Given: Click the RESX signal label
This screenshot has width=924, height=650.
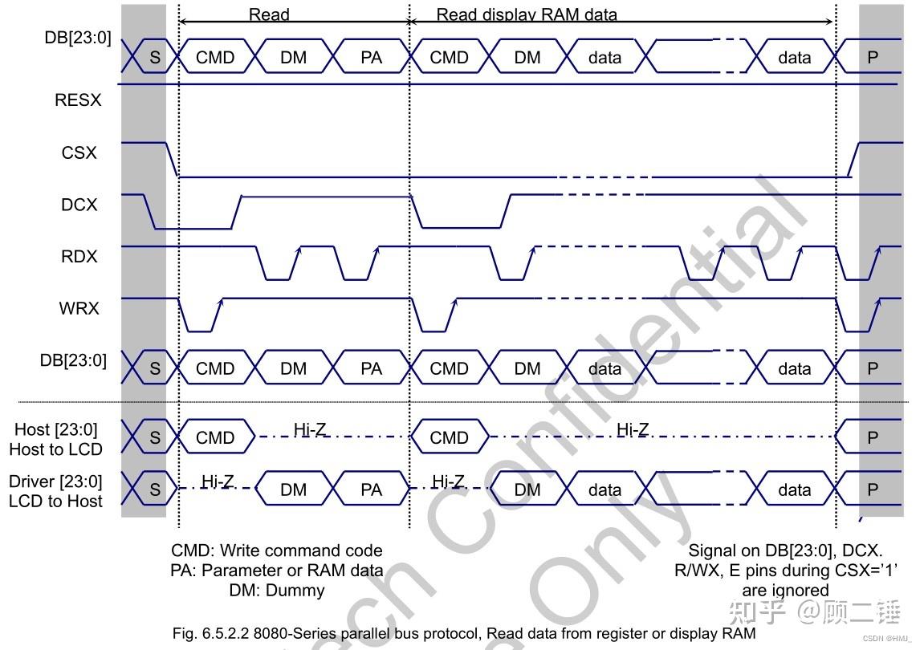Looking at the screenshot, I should [x=78, y=100].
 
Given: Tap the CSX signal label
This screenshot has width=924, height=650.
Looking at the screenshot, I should [x=79, y=152].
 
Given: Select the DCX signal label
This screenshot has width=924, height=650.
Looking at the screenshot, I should [x=79, y=205].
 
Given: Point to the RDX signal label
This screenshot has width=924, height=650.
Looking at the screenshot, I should [x=79, y=257].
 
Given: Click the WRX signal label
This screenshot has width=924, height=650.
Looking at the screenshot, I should [x=79, y=307].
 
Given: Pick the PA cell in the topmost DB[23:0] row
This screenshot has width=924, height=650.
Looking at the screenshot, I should [x=371, y=58].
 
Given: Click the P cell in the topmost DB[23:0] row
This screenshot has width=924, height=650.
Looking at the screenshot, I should [x=873, y=58].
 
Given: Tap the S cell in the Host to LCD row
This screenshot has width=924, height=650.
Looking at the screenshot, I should [x=155, y=438].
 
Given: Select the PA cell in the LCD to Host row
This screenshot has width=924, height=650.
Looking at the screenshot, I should [x=371, y=490].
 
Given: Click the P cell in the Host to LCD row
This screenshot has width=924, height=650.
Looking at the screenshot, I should [x=873, y=438].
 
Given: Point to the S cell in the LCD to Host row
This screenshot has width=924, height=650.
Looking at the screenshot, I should [x=155, y=490].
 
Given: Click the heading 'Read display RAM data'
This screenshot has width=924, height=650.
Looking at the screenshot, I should [x=527, y=14].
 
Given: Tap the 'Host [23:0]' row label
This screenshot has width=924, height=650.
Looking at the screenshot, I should [x=55, y=431].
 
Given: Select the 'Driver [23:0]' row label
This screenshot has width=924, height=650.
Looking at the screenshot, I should [x=55, y=481].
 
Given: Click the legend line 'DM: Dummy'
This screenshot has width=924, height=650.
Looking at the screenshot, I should [x=276, y=591].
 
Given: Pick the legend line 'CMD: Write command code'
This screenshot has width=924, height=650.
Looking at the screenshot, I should [x=276, y=551].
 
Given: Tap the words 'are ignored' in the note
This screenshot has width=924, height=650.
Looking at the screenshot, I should [x=784, y=591].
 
